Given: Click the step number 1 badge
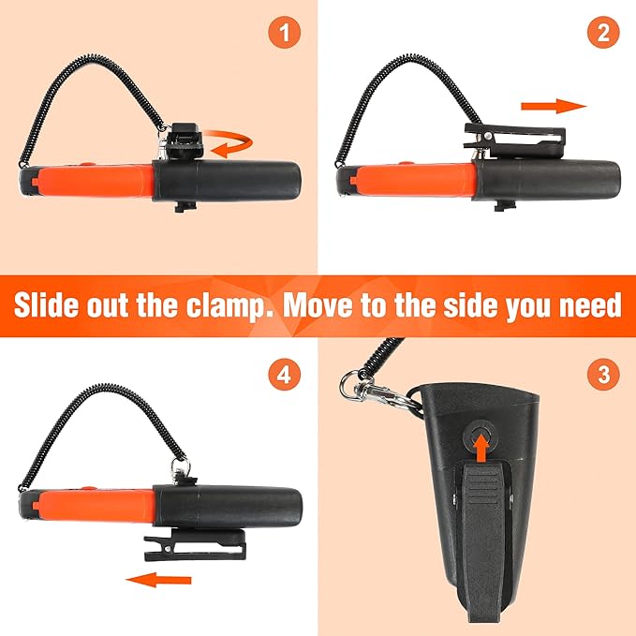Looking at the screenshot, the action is pyautogui.click(x=285, y=33).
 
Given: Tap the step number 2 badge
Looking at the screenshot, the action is pyautogui.click(x=603, y=33).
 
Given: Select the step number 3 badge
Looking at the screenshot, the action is pyautogui.click(x=603, y=374).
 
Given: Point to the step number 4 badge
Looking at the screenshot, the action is pyautogui.click(x=285, y=374).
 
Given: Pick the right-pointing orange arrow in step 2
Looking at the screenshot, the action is pyautogui.click(x=555, y=106).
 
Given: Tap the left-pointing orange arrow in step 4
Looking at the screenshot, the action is pyautogui.click(x=158, y=580).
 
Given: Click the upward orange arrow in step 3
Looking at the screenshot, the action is pyautogui.click(x=481, y=447).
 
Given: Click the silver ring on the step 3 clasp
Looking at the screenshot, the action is pyautogui.click(x=349, y=383).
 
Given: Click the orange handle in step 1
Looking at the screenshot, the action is pyautogui.click(x=94, y=180).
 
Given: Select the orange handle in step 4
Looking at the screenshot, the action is pyautogui.click(x=94, y=504).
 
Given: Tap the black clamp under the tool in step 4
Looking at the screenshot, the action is pyautogui.click(x=196, y=544).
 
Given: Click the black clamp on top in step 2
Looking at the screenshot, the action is pyautogui.click(x=515, y=141).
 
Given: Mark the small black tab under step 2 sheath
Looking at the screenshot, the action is pyautogui.click(x=505, y=206).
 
